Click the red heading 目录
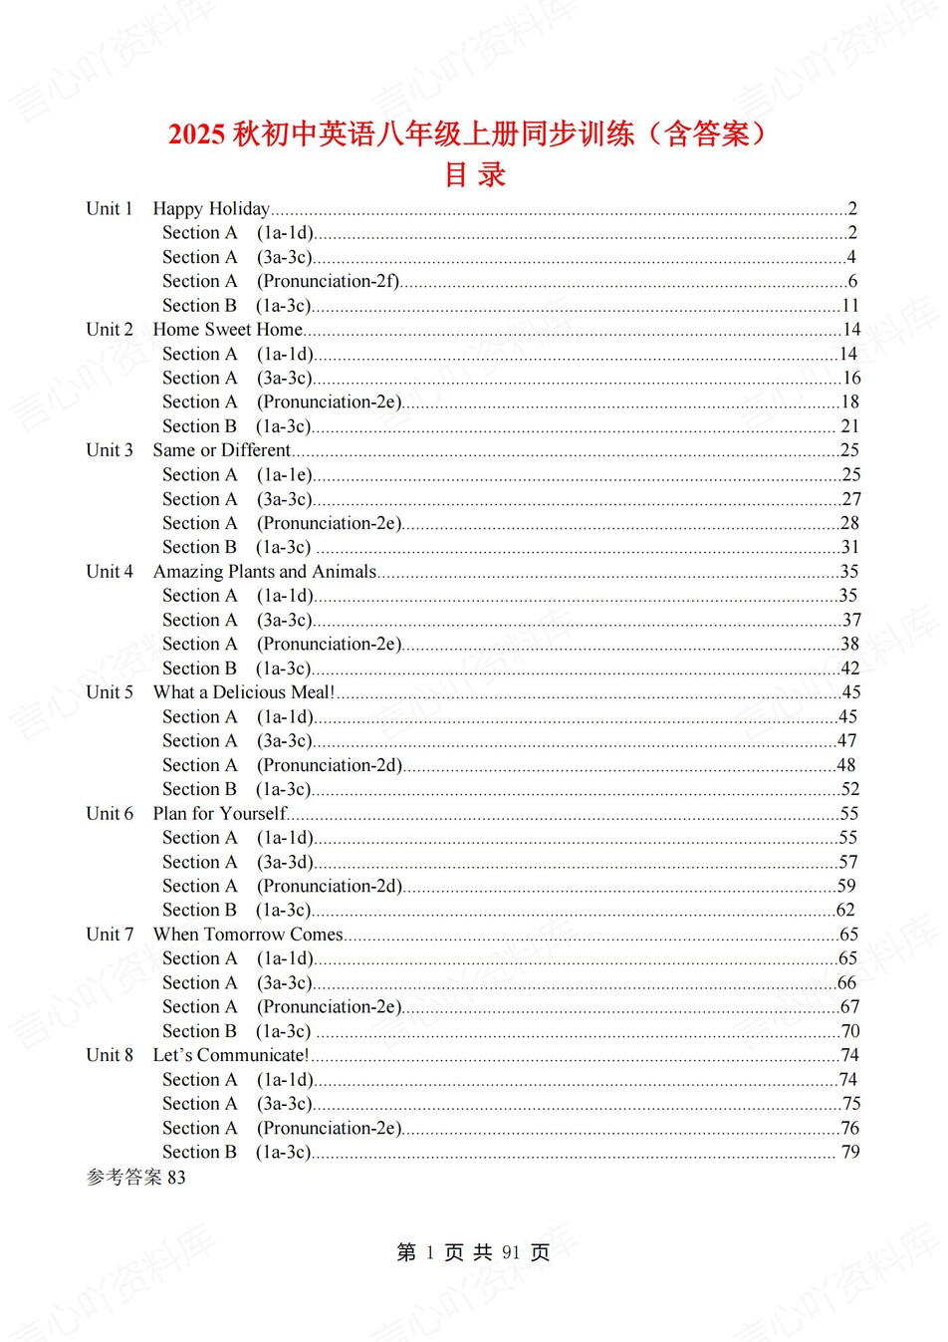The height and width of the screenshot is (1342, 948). pos(475,174)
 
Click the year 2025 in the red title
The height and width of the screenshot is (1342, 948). pos(196,134)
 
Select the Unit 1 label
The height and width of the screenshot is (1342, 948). pos(110,208)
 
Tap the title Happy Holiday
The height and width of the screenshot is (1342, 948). pos(211,208)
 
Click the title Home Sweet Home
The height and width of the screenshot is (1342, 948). pos(227,330)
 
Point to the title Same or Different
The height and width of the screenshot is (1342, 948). pos(221,450)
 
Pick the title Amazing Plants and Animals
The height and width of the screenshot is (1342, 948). pos(264,572)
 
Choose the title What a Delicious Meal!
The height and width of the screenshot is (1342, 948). pos(243,692)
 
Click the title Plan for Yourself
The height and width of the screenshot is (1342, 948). pos(219,814)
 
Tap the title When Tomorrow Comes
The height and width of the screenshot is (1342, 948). pos(248,935)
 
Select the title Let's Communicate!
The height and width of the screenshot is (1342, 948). pos(230,1055)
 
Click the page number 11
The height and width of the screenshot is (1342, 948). pos(850,306)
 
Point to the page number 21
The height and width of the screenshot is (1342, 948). pos(850,426)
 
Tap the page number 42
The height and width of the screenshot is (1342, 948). pos(849,669)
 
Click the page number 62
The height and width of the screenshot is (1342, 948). pos(845,911)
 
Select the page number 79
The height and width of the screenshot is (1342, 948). pos(850,1153)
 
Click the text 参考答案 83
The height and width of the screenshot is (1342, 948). pos(135,1178)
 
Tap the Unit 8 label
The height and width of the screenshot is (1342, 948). pos(110,1055)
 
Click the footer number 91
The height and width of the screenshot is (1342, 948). pos(511,1252)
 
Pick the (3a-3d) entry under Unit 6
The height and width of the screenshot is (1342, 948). pos(285,862)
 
